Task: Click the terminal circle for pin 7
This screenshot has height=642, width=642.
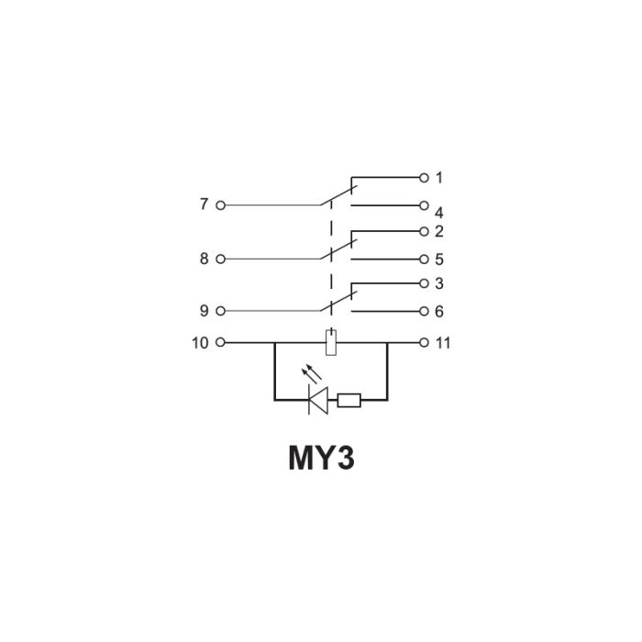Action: (220, 205)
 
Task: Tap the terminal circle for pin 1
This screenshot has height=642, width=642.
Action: (424, 178)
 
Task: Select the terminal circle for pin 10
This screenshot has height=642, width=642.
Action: (220, 342)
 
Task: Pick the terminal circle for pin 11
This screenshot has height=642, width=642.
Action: (424, 342)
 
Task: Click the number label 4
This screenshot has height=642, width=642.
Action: (439, 213)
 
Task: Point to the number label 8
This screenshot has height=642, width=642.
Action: (204, 259)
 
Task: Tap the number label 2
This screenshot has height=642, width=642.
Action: (439, 231)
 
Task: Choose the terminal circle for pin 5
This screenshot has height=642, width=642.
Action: (424, 260)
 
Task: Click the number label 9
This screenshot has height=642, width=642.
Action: (204, 311)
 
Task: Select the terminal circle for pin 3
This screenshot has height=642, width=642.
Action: (424, 283)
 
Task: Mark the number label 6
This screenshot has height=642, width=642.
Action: (439, 312)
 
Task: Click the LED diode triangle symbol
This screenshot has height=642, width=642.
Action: (318, 400)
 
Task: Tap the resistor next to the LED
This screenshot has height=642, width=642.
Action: (349, 400)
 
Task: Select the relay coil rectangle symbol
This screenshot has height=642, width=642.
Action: (331, 342)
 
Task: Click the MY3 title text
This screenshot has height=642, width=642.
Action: (321, 458)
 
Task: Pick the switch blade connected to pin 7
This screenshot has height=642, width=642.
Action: (339, 195)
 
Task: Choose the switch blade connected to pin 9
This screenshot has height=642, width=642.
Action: (339, 302)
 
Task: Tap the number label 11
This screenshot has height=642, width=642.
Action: (443, 343)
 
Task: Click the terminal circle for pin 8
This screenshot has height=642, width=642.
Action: (220, 259)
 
